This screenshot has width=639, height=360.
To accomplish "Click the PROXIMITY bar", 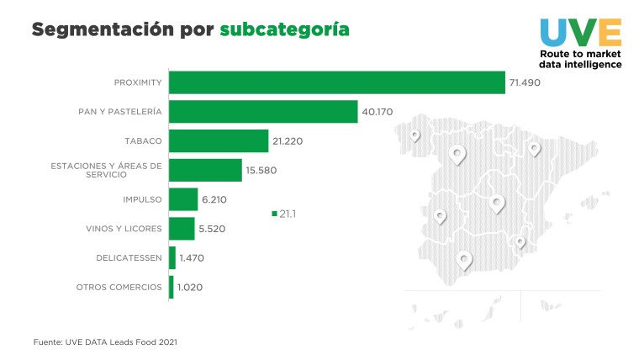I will (336, 82).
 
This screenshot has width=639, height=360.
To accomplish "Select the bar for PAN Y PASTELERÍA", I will (263, 111).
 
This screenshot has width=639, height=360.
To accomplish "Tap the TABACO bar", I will (219, 140).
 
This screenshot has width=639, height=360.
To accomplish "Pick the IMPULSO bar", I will (183, 199).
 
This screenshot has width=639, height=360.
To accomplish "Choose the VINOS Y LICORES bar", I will (182, 228).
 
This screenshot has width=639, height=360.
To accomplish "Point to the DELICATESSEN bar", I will (172, 257).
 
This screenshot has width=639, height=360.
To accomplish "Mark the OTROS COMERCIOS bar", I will (172, 287).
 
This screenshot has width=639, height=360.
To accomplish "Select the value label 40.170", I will (378, 112).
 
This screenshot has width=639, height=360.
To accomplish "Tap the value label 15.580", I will (261, 170).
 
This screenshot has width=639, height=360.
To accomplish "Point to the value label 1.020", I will (190, 287).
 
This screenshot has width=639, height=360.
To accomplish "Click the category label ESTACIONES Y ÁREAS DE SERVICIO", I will (106, 170).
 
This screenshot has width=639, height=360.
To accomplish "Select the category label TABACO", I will (142, 140).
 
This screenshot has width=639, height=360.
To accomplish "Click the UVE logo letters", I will (581, 31).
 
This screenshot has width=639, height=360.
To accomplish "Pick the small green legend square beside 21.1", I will (274, 214).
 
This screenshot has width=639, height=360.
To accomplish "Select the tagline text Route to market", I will (581, 54).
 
